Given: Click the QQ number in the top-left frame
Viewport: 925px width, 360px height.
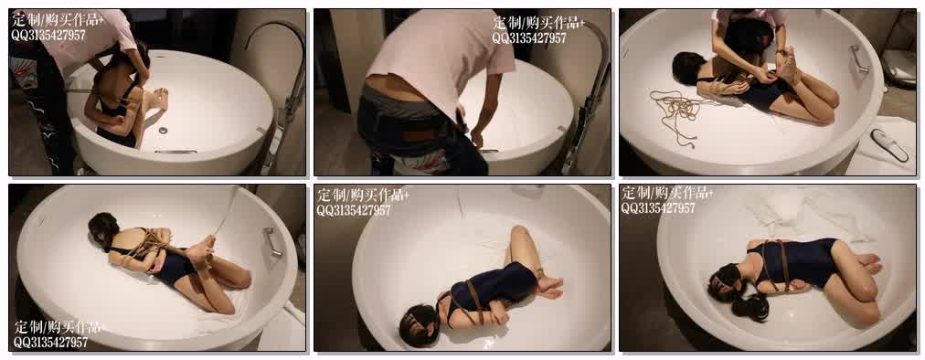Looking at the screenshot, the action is coord(48,36).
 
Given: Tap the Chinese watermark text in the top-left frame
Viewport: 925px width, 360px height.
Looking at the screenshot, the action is coord(58,20).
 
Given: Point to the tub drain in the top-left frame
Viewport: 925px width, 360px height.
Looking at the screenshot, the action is coord(164,130).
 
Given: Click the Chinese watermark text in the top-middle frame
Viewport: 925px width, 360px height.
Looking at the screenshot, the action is coord(538,23).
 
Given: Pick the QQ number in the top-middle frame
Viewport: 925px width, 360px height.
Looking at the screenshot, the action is coord(529,38).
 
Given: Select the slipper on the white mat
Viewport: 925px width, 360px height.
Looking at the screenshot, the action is coord(890,144).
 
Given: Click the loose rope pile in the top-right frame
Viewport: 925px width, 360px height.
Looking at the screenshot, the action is coord(677,113).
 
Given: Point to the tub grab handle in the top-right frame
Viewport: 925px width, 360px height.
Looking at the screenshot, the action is coord(858,59).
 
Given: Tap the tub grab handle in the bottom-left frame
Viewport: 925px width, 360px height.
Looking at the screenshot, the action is coord(272,242).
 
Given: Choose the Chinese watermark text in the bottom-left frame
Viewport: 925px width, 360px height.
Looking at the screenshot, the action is coord(58,327).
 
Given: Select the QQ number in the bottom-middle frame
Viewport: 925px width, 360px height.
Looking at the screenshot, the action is coord(354,210).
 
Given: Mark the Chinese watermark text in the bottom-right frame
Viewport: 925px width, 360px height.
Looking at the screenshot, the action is coord(667,193).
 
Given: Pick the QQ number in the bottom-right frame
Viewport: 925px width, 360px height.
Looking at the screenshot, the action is coord(658,207).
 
